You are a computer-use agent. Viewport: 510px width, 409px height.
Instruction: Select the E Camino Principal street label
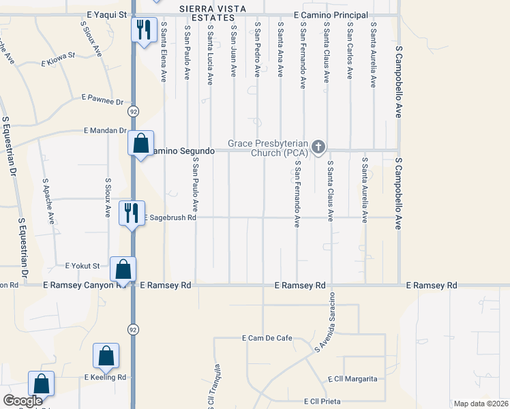[331, 15]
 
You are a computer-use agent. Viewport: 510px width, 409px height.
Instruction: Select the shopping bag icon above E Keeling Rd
[106, 355]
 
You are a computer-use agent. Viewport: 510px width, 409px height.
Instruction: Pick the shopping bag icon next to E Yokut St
[123, 269]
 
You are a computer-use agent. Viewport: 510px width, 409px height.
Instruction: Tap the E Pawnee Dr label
[102, 100]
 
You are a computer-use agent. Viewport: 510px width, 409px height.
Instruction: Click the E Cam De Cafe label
[267, 338]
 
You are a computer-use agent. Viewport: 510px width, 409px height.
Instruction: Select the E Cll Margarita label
[352, 379]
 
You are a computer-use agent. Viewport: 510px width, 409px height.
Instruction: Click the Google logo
[22, 401]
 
